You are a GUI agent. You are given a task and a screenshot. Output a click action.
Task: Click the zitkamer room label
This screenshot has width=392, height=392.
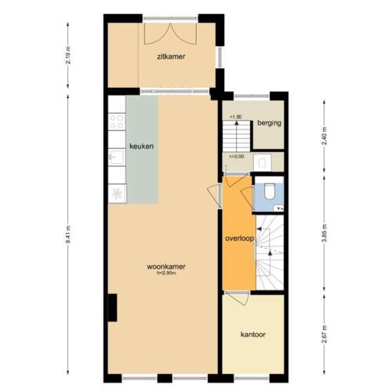171,56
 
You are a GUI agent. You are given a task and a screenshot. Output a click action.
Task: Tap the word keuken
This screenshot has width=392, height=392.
141,147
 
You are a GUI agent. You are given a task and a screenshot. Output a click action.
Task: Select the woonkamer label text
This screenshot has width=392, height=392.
166,266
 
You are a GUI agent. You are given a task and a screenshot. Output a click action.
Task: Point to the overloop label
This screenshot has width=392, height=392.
239,238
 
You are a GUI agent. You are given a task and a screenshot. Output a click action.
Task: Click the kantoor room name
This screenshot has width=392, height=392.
252,335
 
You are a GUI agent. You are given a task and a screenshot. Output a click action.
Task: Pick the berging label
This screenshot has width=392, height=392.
269,123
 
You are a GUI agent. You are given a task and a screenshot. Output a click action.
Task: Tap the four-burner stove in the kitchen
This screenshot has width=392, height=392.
117,122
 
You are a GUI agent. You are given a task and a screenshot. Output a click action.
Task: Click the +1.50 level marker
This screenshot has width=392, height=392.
234,117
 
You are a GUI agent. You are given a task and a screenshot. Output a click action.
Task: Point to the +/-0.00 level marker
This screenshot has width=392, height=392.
236,157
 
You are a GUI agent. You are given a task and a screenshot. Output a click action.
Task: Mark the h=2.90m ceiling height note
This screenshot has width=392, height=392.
166,274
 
